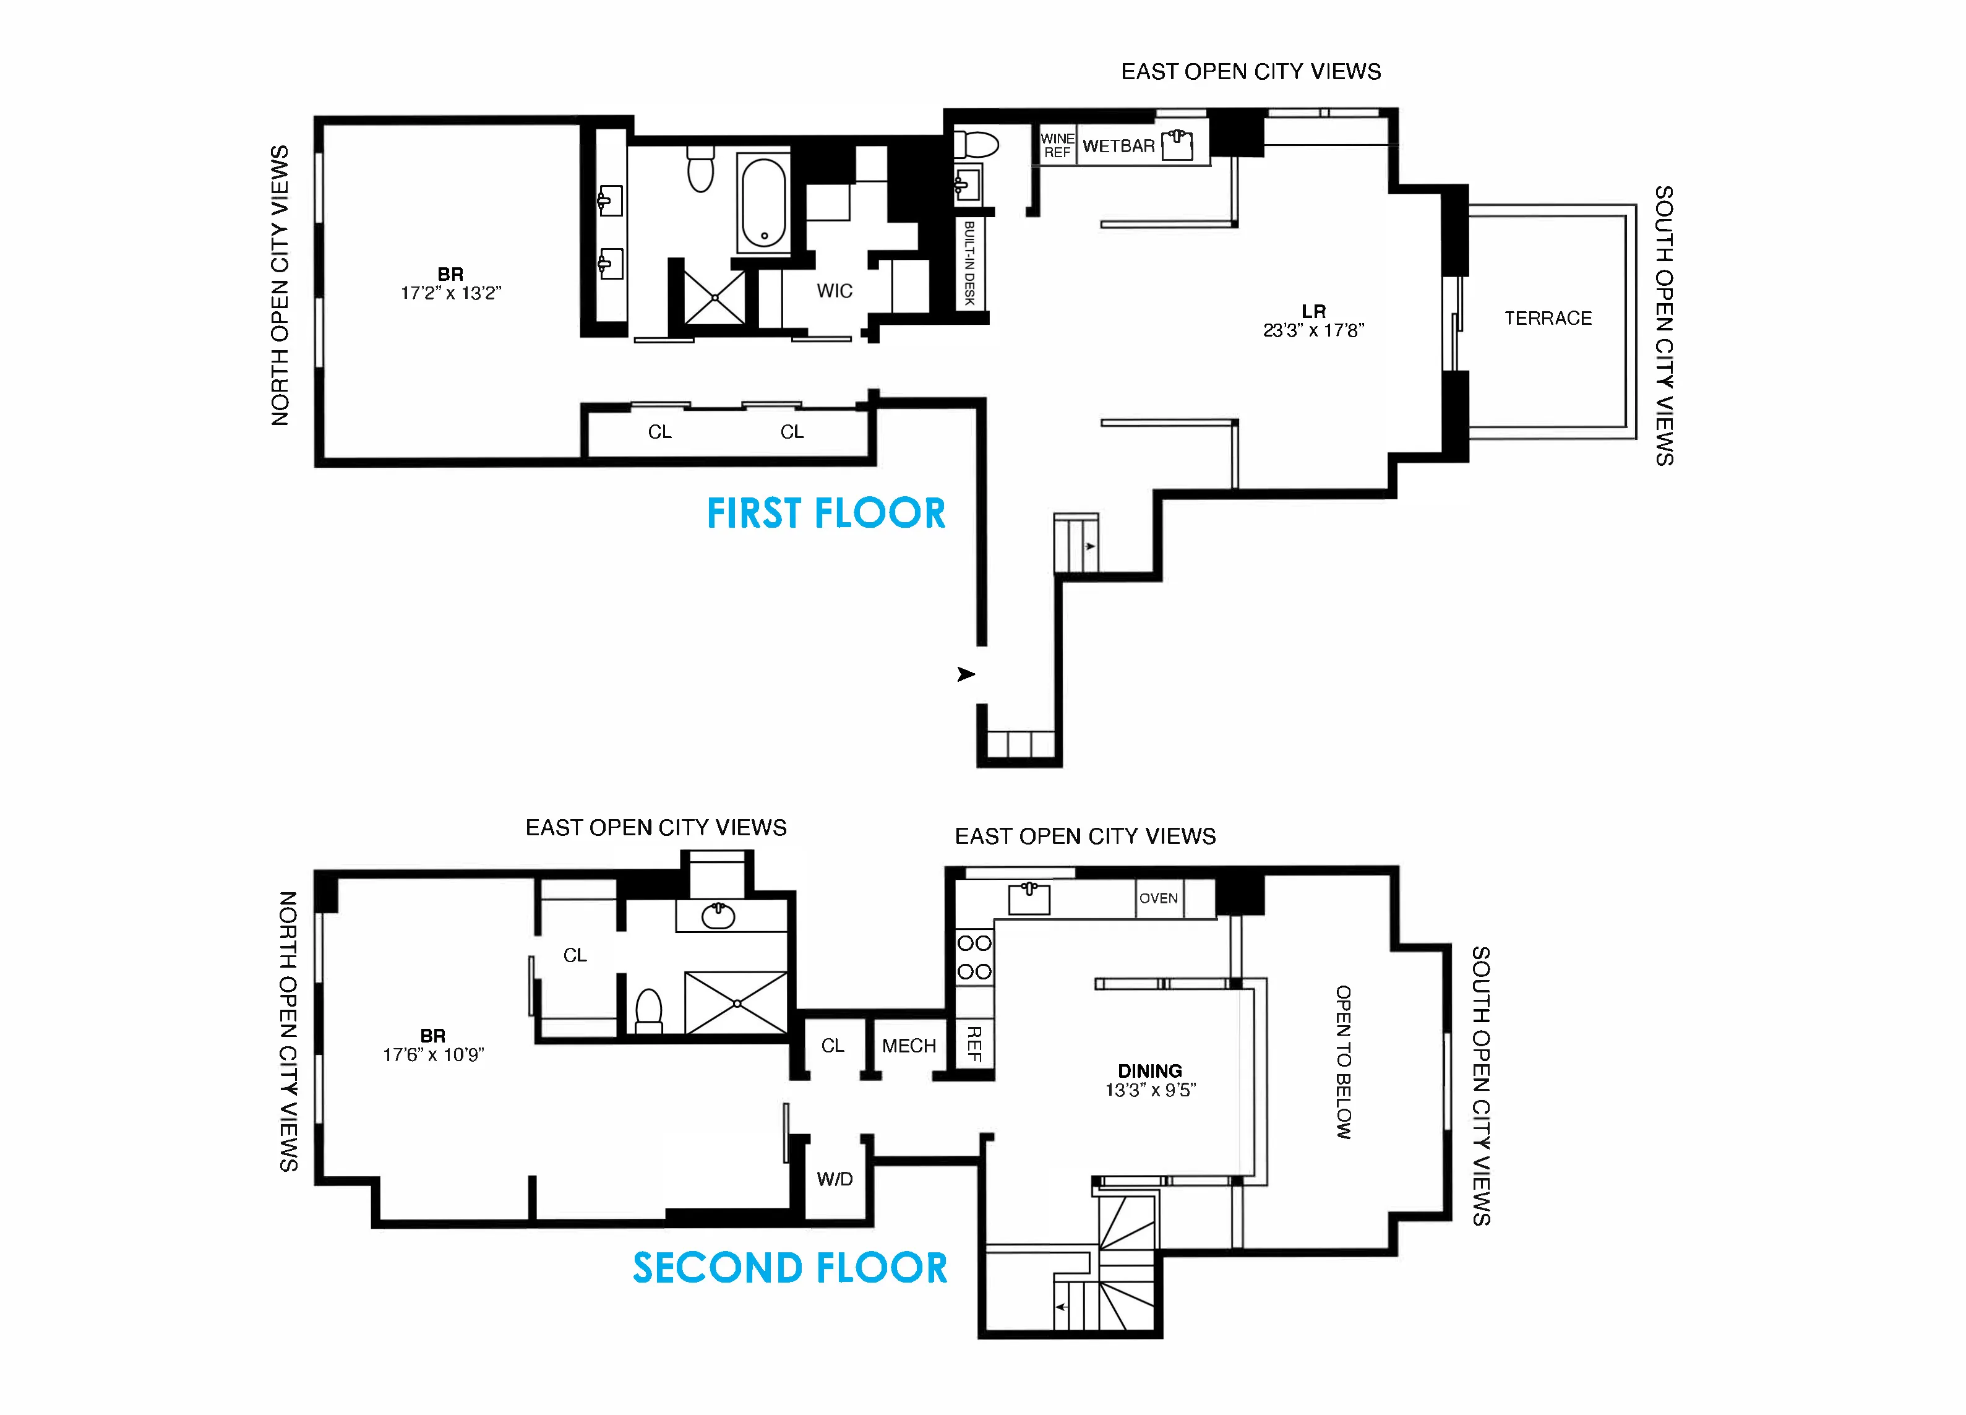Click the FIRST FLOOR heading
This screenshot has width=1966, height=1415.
tap(825, 514)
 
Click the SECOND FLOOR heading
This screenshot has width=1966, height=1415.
tap(790, 1268)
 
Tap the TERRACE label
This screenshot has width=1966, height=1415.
tap(1547, 318)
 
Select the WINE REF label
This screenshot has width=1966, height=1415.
tap(1057, 145)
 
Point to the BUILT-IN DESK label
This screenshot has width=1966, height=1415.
tap(969, 264)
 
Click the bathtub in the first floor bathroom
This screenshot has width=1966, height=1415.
tap(763, 202)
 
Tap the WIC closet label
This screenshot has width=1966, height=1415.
tap(834, 291)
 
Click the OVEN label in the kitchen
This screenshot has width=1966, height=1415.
tap(1158, 898)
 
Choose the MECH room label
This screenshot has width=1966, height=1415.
tap(908, 1046)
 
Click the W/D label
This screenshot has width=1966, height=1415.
tap(834, 1179)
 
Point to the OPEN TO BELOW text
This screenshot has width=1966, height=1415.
tap(1343, 1062)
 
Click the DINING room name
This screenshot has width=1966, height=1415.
tap(1149, 1071)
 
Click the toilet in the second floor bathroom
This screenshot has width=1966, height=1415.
tap(648, 1011)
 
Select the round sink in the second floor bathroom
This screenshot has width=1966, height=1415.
tap(718, 916)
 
